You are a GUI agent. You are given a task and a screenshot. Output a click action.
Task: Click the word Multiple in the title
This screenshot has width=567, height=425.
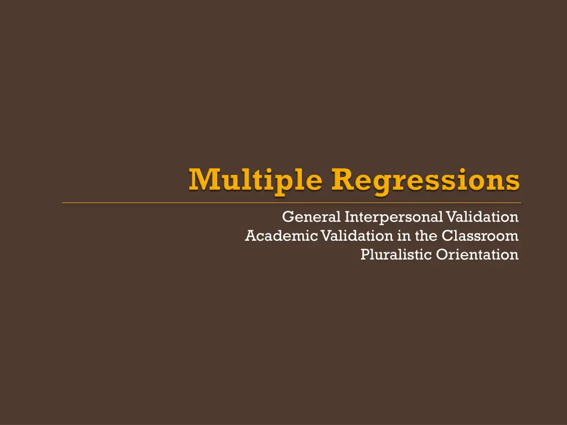[x=256, y=181]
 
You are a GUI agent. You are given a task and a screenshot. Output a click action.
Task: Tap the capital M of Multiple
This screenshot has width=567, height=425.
[x=202, y=179]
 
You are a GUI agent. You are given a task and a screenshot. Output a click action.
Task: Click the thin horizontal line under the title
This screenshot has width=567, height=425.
[x=291, y=203]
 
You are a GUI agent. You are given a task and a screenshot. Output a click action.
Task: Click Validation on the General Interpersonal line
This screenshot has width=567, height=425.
[x=482, y=216]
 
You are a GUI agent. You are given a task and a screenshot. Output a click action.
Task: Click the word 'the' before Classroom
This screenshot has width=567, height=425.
[x=426, y=236]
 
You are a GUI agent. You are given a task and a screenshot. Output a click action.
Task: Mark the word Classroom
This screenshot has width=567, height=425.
[x=481, y=236]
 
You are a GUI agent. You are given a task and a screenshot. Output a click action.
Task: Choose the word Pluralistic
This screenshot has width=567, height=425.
[x=395, y=255]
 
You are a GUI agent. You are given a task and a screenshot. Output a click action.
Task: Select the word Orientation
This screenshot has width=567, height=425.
[x=477, y=255]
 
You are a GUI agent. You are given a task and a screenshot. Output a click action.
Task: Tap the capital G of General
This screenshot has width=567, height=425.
[x=287, y=216]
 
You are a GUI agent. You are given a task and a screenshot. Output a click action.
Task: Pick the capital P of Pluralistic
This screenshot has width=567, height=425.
[x=364, y=255]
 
